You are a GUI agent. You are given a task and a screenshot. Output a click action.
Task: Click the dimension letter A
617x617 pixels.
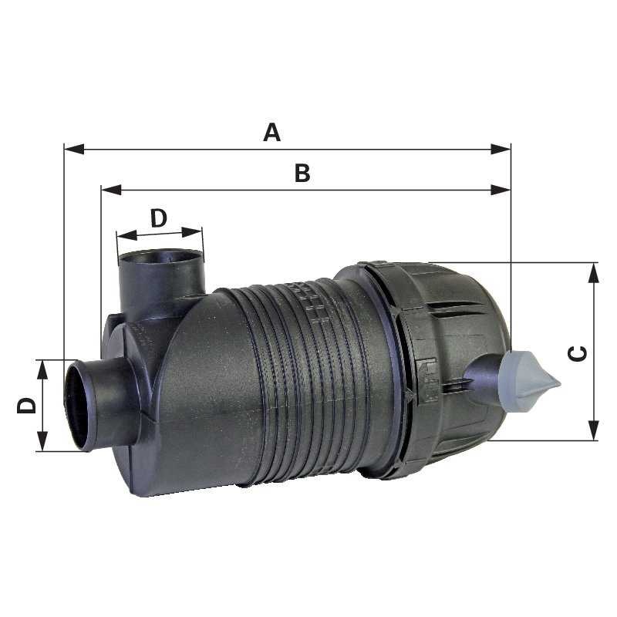(272, 132)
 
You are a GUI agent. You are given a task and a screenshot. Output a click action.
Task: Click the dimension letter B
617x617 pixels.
(302, 173)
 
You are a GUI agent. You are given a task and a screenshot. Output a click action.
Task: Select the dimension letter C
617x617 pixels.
(578, 353)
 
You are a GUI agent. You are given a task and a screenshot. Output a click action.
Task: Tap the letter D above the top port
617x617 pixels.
(159, 218)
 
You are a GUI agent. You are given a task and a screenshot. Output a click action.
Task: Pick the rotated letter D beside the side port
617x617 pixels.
(26, 406)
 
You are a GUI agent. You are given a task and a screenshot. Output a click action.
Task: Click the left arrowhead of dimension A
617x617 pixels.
(74, 149)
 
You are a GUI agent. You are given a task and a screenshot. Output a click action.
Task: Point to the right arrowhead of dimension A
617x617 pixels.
(501, 149)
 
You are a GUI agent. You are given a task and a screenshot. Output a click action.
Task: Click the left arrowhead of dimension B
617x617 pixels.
(111, 190)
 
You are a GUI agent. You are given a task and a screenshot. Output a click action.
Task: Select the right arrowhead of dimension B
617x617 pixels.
(501, 190)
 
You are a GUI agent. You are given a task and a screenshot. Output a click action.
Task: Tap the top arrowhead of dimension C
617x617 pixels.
(593, 273)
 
